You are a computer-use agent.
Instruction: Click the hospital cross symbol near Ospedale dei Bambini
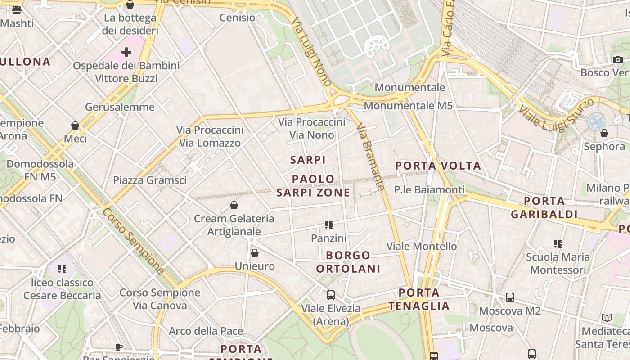(x=126, y=52)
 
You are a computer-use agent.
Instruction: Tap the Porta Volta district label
(x=438, y=166)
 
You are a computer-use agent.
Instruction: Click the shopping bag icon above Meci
(x=75, y=126)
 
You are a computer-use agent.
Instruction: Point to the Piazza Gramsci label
(x=149, y=180)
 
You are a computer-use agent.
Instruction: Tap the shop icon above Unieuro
(x=255, y=253)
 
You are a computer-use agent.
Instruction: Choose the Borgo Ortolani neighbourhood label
(x=348, y=262)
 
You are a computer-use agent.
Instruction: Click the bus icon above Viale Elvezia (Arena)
(x=331, y=295)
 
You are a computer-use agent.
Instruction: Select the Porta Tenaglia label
(x=419, y=299)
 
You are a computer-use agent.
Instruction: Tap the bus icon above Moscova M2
(x=510, y=297)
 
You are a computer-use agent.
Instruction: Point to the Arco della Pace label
(x=206, y=332)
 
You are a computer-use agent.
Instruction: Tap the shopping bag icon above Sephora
(x=604, y=133)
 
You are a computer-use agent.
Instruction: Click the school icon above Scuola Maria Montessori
(x=558, y=244)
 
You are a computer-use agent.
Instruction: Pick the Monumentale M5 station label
(x=408, y=106)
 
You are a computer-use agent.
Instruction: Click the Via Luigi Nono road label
(x=311, y=52)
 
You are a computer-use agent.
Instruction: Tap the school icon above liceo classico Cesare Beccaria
(x=62, y=269)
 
